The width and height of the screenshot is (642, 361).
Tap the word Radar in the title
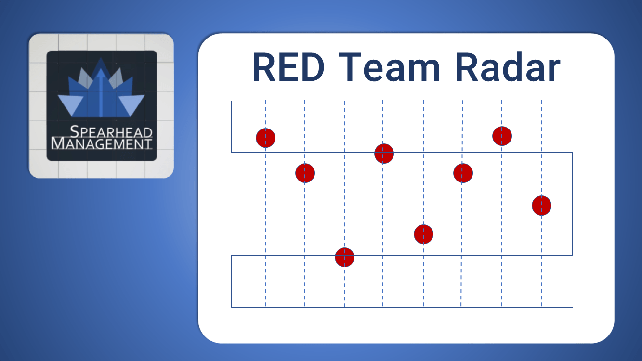(x=507, y=68)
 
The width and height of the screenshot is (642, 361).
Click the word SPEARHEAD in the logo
(x=111, y=132)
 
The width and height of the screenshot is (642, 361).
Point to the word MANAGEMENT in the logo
(x=102, y=143)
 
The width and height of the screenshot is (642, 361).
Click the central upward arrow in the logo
(x=101, y=91)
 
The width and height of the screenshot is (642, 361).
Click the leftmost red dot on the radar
(x=265, y=138)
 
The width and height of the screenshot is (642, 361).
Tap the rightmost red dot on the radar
(x=541, y=206)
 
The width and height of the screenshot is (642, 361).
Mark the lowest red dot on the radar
(x=344, y=258)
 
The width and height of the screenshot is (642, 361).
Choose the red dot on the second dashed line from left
(x=305, y=173)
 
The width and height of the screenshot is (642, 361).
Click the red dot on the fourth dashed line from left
(x=384, y=154)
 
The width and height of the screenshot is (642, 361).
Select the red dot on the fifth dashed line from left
(x=423, y=234)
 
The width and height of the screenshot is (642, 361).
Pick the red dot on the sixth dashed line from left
(x=463, y=173)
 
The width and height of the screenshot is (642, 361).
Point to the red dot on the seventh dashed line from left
(x=502, y=136)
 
